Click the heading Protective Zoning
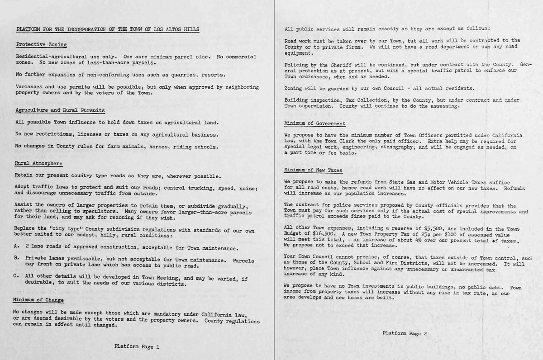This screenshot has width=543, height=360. [x=41, y=44]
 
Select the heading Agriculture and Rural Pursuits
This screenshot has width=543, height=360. [x=60, y=110]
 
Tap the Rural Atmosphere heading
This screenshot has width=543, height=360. [x=38, y=163]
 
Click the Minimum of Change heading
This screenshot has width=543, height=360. [x=38, y=300]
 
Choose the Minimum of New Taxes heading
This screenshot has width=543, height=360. [x=313, y=170]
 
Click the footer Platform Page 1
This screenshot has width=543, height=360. [x=137, y=347]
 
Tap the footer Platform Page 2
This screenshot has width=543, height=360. [x=405, y=333]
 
